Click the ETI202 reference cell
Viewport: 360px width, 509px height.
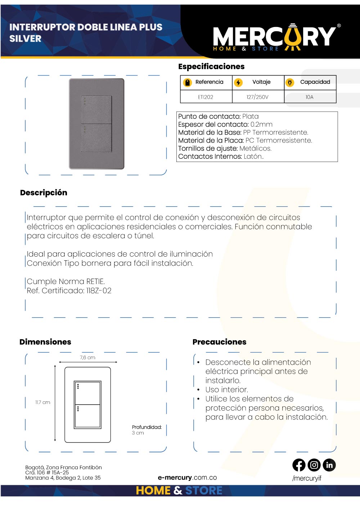pos(206,97)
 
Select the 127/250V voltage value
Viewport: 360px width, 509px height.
pos(257,97)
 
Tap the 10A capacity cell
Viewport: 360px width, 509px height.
pos(310,97)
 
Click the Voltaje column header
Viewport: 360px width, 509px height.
pos(261,82)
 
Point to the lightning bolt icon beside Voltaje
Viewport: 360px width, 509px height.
pos(238,82)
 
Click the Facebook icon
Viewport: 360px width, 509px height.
pos(299,465)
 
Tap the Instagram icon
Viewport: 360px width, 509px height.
pos(314,465)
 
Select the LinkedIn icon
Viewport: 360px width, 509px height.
pos(329,465)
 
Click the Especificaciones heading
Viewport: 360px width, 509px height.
pos(211,66)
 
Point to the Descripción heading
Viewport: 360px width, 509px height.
pos(44,193)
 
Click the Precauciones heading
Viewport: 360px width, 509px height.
pos(219,342)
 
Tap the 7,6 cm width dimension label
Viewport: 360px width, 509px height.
pos(87,357)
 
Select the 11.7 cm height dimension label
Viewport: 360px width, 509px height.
pos(42,402)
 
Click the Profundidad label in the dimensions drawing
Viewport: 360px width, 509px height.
pos(147,427)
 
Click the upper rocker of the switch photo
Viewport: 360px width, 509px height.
pos(96,109)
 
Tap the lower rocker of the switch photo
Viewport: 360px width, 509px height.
pos(96,138)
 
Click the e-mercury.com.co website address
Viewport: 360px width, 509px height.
pos(187,478)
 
